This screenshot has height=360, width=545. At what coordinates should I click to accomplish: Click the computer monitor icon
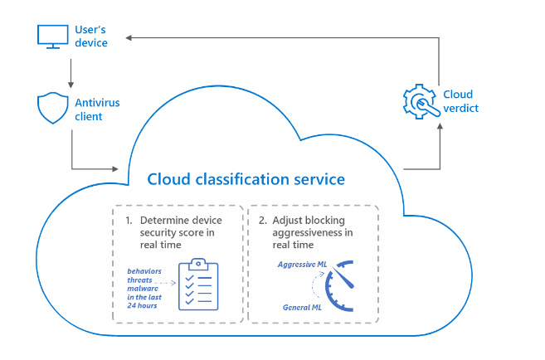click(x=53, y=36)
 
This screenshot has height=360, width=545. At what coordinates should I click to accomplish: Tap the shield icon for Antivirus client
click(x=53, y=108)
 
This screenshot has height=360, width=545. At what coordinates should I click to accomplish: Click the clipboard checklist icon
click(x=198, y=285)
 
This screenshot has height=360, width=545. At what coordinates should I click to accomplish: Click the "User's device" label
click(x=91, y=36)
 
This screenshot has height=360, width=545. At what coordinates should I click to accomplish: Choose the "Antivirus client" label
click(x=97, y=109)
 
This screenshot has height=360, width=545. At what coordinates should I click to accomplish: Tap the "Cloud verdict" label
click(x=461, y=101)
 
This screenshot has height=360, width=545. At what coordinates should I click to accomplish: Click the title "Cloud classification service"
click(x=246, y=179)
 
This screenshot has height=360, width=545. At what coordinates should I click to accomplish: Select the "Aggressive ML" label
click(x=302, y=265)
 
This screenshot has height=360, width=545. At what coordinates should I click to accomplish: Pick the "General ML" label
click(x=302, y=308)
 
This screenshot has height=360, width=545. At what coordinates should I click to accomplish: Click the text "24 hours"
click(x=142, y=306)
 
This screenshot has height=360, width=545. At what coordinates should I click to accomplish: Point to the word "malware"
click(x=143, y=289)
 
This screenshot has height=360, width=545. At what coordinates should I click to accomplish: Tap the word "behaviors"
click(x=144, y=271)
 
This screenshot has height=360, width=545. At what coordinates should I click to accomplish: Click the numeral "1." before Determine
click(x=129, y=221)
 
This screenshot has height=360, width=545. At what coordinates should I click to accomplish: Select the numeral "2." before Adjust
click(x=263, y=221)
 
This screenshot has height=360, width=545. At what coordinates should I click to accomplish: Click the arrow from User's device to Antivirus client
click(x=71, y=73)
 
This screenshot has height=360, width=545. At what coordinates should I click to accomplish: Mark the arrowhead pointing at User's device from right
click(x=129, y=38)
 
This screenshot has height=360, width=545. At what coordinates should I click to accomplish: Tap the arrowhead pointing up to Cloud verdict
click(x=440, y=126)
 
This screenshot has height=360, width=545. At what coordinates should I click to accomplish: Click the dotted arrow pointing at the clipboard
click(x=165, y=283)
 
